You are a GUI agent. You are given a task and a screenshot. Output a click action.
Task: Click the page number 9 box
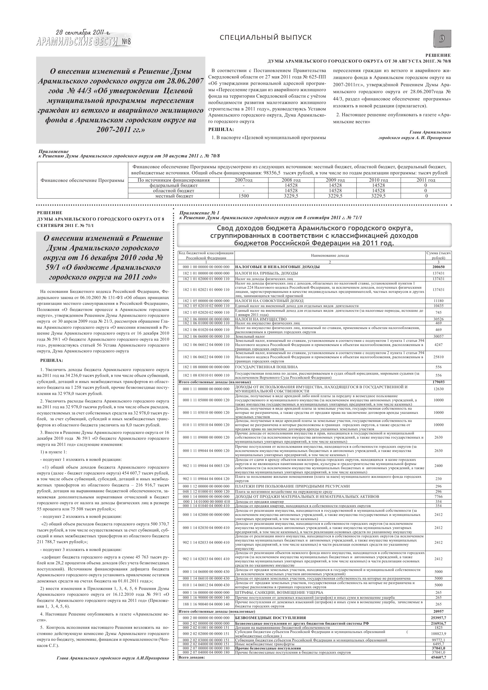(442, 39)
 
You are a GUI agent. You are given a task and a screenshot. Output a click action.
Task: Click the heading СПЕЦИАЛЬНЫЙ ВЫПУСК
(265, 38)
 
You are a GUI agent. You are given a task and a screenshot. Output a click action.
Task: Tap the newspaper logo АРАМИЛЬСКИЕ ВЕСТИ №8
(83, 41)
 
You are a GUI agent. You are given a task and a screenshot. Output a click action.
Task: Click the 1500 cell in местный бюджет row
(243, 196)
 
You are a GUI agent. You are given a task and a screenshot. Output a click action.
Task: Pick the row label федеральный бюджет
(174, 186)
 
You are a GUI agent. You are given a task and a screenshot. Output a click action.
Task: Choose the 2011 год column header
(425, 180)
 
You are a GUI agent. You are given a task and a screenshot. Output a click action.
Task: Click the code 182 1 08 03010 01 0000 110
(206, 375)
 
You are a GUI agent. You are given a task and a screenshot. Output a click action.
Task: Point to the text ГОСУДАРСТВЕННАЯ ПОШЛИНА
(267, 367)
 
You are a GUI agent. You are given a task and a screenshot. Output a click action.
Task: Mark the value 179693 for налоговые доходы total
(438, 382)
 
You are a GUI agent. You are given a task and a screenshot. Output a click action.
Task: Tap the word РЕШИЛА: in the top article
(221, 130)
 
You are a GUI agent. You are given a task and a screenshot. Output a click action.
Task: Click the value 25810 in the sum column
(438, 357)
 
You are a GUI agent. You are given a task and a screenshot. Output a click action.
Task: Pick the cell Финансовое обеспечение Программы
(82, 180)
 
